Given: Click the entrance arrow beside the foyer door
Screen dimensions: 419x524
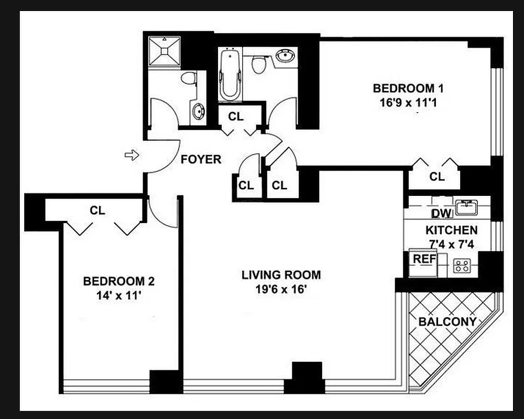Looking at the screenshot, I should point(132,155).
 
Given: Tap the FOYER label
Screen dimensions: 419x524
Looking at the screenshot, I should point(201,159).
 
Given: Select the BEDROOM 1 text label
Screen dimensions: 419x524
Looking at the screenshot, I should point(403,88).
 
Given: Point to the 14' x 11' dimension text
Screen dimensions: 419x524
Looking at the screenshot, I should point(118,295).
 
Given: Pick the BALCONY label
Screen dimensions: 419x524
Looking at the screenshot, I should point(447,322).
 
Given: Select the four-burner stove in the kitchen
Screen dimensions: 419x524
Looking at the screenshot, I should point(461,266).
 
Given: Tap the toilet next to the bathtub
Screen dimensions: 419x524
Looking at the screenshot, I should point(257,64).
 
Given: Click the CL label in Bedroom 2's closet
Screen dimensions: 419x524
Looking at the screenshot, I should point(97,211).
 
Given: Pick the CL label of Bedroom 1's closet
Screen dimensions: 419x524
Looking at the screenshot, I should point(436,177).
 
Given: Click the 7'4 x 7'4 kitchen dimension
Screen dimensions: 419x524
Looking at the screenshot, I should point(451,243).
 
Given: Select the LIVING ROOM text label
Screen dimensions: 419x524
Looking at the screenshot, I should point(281,275).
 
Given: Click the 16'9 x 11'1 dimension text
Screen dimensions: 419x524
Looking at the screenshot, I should point(405,103).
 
